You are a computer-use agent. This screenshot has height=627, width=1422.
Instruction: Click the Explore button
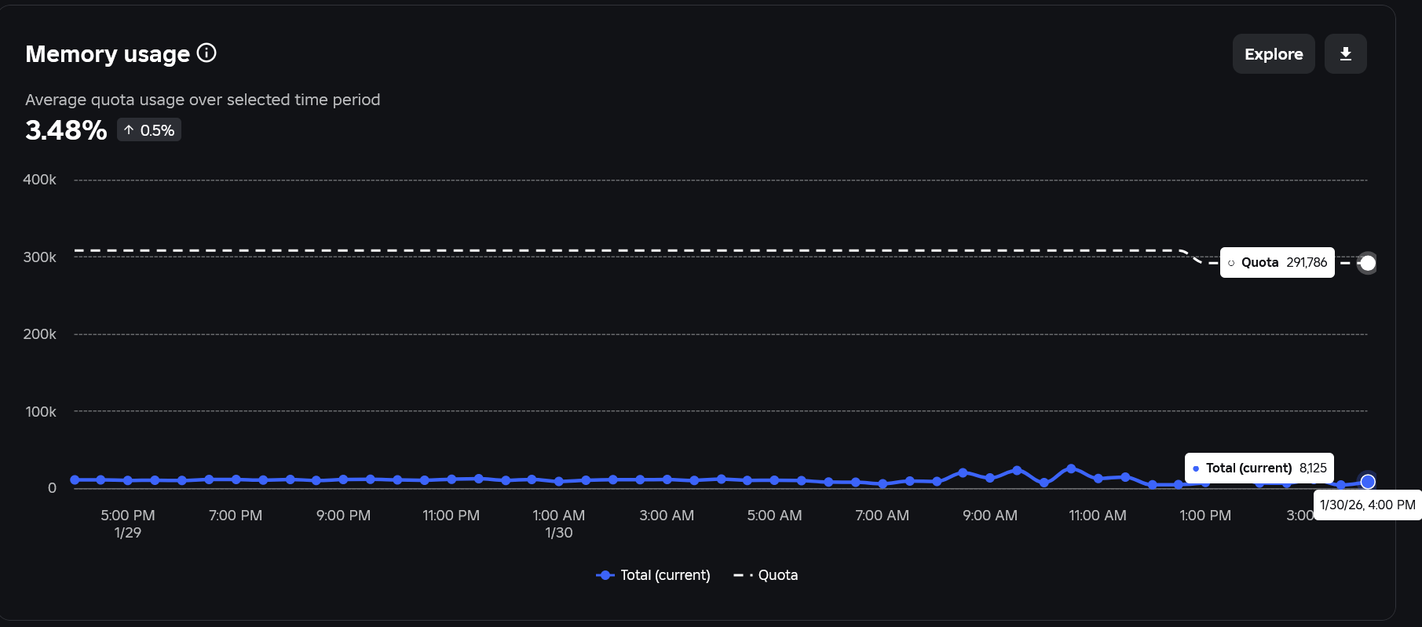(x=1274, y=54)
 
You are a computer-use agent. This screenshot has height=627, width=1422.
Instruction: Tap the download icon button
(x=1346, y=54)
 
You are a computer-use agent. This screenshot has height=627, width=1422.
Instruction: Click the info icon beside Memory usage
(x=207, y=53)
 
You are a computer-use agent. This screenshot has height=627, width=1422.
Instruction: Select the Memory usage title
(x=108, y=54)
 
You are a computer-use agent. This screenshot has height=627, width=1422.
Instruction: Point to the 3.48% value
(x=66, y=129)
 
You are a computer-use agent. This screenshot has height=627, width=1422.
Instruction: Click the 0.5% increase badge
(x=149, y=130)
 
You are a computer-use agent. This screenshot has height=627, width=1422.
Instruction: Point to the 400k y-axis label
(x=40, y=180)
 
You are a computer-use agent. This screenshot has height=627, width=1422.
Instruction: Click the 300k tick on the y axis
(x=40, y=257)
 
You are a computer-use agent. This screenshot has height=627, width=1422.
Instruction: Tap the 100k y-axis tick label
(x=41, y=412)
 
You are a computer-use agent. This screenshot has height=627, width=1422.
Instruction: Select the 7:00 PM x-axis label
(x=236, y=516)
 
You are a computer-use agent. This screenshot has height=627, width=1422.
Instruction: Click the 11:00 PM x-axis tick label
(x=451, y=516)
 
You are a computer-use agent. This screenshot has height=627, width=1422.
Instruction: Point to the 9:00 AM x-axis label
(x=990, y=516)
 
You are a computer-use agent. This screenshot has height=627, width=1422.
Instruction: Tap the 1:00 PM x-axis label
(x=1205, y=516)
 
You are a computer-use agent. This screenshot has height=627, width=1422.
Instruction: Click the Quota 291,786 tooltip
(x=1278, y=262)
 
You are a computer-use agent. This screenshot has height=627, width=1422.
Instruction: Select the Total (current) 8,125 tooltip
(x=1259, y=468)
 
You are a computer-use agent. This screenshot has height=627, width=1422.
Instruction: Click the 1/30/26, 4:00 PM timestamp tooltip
(x=1368, y=505)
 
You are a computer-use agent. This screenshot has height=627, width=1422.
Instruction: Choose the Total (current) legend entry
(x=653, y=575)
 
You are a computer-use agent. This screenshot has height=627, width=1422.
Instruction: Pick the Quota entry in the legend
(x=766, y=575)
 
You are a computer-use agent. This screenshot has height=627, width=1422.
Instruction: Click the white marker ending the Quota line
(x=1368, y=263)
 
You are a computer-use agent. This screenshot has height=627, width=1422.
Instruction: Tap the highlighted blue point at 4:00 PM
(x=1368, y=481)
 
